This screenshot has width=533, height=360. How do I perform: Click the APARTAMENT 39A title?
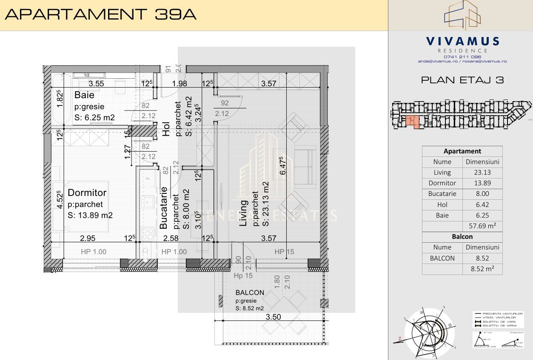[x=100, y=14]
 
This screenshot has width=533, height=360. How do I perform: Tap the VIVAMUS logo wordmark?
[x=462, y=41]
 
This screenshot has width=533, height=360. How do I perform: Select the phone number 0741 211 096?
[x=462, y=57]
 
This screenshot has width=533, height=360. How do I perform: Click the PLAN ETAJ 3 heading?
[x=462, y=80]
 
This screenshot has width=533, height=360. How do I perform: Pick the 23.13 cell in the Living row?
[x=482, y=172]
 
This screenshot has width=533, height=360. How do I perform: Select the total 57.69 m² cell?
[x=482, y=226]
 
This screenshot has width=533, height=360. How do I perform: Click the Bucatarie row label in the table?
[x=442, y=193]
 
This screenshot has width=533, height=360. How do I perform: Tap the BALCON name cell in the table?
[x=442, y=258]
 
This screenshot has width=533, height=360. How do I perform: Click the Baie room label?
[x=84, y=95]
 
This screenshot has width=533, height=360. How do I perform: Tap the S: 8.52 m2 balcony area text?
[x=249, y=309]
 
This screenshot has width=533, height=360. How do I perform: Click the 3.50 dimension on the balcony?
[x=273, y=317]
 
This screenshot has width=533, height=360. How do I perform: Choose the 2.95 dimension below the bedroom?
[x=88, y=238]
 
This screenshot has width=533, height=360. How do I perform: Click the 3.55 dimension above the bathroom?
[x=96, y=84]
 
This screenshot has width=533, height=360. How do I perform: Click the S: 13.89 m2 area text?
[x=90, y=215]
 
